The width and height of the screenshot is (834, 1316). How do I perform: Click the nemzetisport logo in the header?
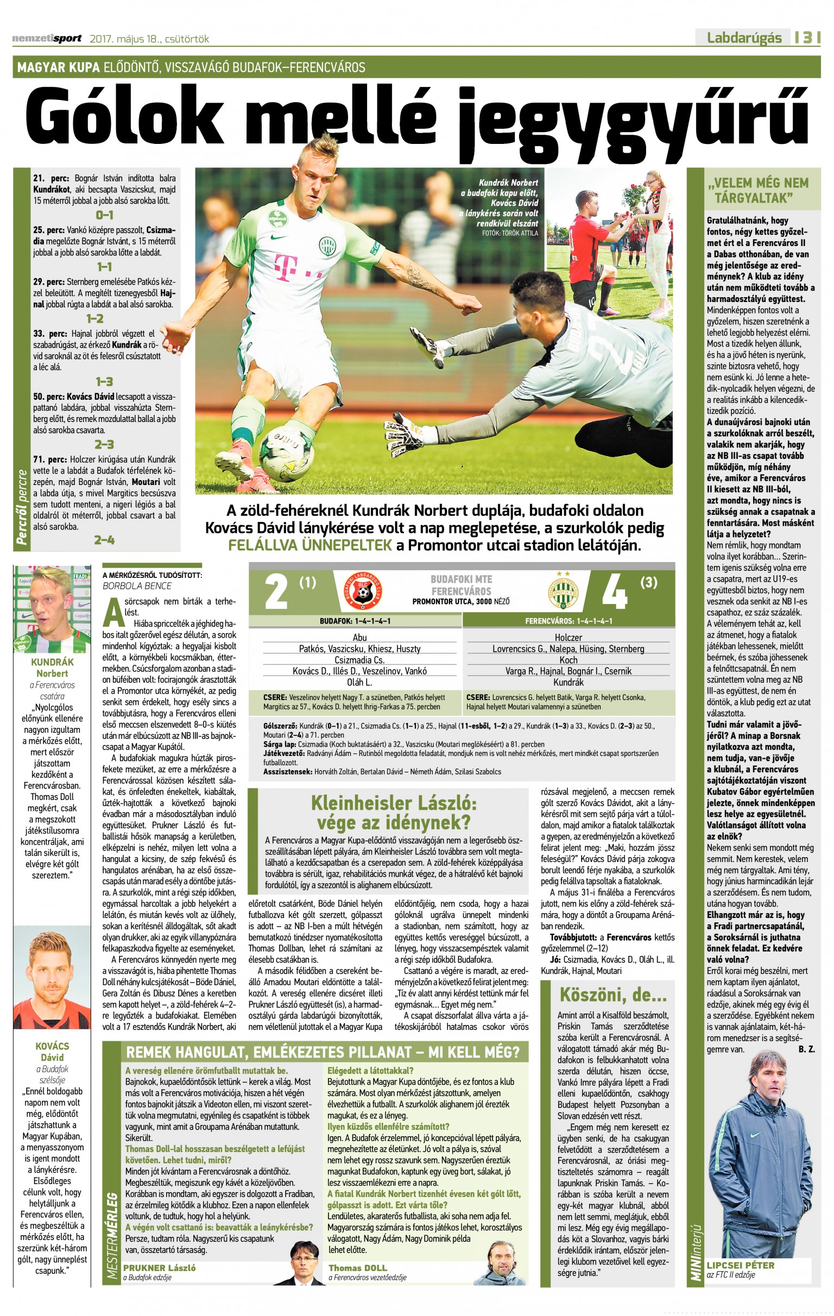47,38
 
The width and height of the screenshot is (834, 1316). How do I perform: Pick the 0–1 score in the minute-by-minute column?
104,215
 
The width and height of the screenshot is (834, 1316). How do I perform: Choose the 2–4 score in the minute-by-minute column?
104,540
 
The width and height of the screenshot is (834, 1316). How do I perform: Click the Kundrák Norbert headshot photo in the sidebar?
52,610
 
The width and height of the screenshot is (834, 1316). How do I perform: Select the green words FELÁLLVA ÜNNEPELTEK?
310,545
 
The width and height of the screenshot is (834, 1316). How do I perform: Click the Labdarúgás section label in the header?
744,37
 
